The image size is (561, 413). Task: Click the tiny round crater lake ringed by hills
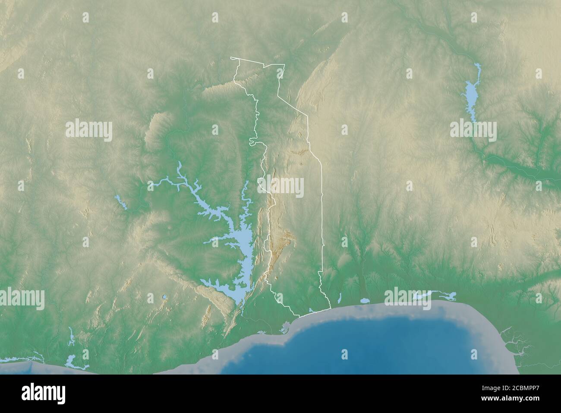[x=164, y=297]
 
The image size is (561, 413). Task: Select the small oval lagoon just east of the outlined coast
[x=365, y=300]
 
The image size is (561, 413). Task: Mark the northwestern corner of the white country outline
[x=232, y=58]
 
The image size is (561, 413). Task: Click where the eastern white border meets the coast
[x=330, y=308]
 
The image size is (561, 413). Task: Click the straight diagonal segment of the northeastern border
[x=293, y=106]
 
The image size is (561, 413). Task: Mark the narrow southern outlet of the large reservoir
[x=243, y=308]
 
